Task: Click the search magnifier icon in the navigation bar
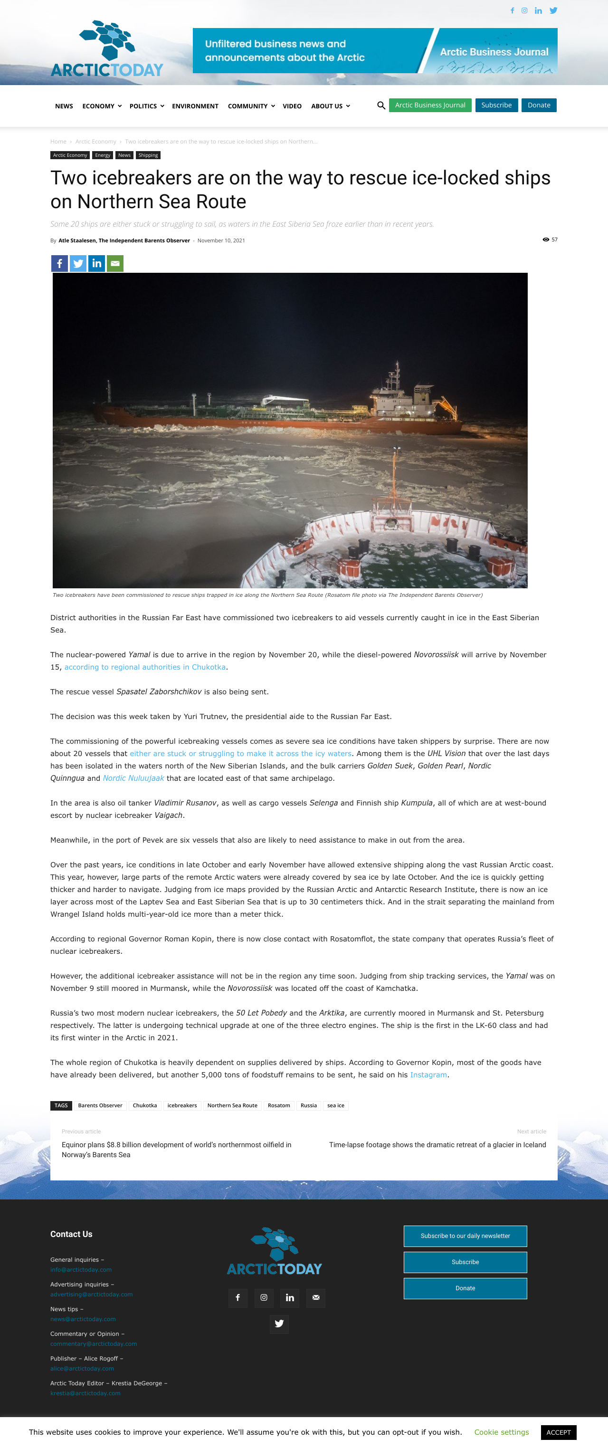tap(381, 105)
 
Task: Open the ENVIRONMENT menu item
tap(195, 106)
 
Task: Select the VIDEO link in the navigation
tap(292, 106)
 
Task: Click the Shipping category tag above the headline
tap(148, 155)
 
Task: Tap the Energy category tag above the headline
tap(102, 155)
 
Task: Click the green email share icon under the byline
tap(115, 264)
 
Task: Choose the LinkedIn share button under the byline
tap(96, 264)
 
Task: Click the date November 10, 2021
tap(221, 240)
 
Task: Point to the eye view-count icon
tap(546, 240)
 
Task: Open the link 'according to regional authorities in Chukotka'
tap(145, 667)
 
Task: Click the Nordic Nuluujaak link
tap(133, 778)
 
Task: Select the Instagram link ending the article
tap(428, 1075)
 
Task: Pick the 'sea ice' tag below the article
tap(335, 1106)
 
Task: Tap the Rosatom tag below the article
tap(279, 1106)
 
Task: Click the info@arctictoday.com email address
tap(81, 1270)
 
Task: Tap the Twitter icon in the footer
tap(279, 1324)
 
